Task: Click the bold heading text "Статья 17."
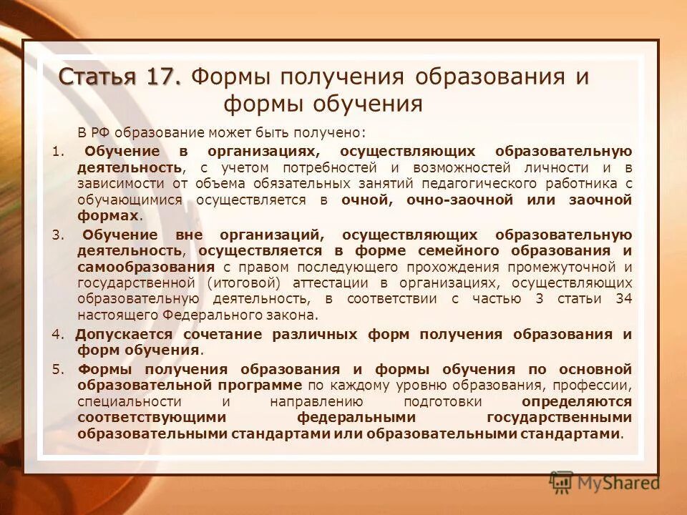coord(120,77)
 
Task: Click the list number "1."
coord(58,151)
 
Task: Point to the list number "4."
coord(59,334)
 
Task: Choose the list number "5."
coord(59,369)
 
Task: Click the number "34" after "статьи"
coord(623,299)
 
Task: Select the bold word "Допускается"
coord(123,334)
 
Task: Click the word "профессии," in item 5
coord(598,386)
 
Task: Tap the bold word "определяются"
coord(576,401)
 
